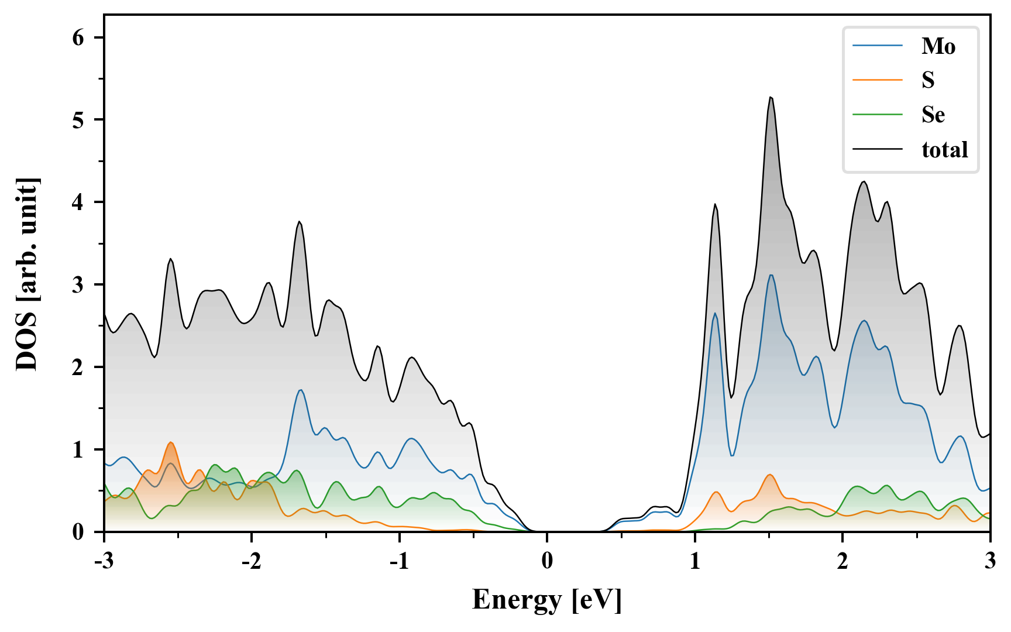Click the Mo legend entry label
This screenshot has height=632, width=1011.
[938, 46]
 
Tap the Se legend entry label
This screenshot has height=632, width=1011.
[933, 115]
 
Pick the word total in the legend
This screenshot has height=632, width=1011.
[944, 150]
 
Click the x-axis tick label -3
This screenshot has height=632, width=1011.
[104, 561]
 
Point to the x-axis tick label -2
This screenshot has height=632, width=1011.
[251, 561]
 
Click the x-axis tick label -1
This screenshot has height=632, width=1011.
[399, 561]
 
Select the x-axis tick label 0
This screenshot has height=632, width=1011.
[547, 561]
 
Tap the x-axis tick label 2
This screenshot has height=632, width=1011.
[842, 561]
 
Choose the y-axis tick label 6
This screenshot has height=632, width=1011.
[78, 37]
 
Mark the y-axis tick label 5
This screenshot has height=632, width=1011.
[78, 120]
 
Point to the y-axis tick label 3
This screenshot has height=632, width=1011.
[78, 285]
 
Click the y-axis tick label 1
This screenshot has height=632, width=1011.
[78, 450]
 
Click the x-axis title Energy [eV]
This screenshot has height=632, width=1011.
[546, 600]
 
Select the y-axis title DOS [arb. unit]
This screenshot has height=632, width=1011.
[27, 274]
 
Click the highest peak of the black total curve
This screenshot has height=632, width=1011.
[771, 97]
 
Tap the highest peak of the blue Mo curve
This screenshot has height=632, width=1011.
[771, 275]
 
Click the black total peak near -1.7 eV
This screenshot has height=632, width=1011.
[299, 221]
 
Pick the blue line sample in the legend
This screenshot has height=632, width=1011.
[877, 46]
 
